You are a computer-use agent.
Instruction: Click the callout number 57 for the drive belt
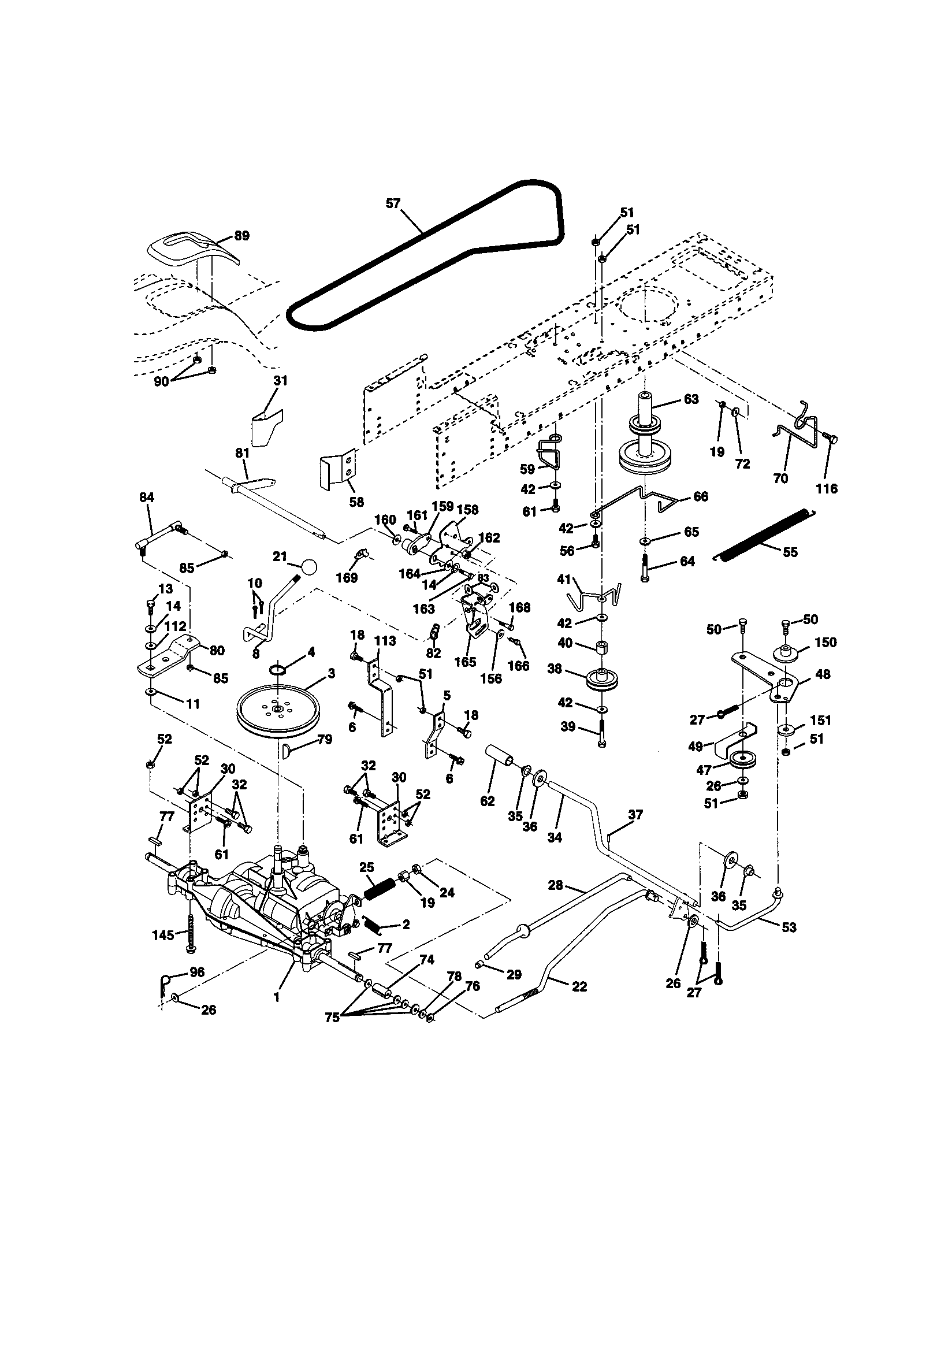392,203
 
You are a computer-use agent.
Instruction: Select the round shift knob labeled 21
308,567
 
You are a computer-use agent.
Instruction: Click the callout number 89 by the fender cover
241,236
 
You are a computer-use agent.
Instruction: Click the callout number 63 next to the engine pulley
691,399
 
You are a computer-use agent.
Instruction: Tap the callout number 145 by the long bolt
163,935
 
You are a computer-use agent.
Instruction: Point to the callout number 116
826,488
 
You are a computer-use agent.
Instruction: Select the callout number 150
825,643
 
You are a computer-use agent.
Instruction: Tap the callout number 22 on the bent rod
579,987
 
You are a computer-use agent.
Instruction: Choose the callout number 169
347,578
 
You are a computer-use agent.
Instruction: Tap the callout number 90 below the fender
161,381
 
